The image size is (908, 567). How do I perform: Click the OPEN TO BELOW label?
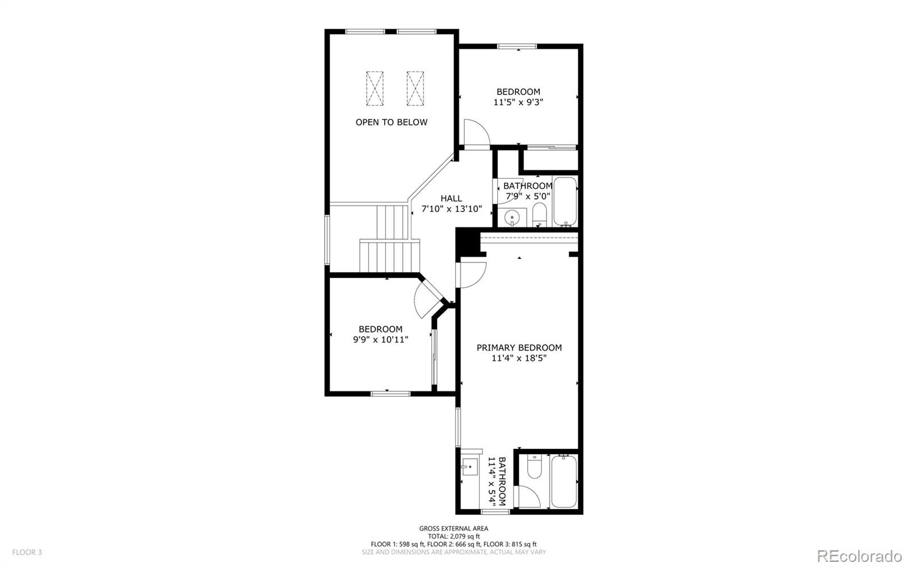(x=392, y=122)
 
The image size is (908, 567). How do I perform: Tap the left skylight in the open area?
(x=375, y=88)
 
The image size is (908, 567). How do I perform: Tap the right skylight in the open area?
(x=415, y=88)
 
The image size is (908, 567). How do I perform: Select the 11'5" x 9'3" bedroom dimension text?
(x=518, y=102)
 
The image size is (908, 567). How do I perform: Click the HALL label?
(x=451, y=198)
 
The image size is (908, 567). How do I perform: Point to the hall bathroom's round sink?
(x=512, y=217)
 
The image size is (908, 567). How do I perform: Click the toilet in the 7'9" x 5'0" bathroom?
(x=539, y=215)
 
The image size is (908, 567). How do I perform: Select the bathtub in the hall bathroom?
(x=565, y=201)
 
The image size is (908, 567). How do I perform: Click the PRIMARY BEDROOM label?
(x=519, y=347)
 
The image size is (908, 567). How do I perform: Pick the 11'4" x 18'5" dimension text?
(x=519, y=358)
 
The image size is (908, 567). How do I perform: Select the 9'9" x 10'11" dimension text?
(x=380, y=339)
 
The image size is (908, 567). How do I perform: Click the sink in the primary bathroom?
(x=470, y=468)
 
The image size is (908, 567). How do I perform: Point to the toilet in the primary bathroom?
(x=535, y=467)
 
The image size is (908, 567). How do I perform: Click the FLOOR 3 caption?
(x=27, y=552)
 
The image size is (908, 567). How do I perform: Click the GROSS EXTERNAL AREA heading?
(x=453, y=528)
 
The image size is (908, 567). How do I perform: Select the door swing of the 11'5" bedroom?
(x=476, y=133)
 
